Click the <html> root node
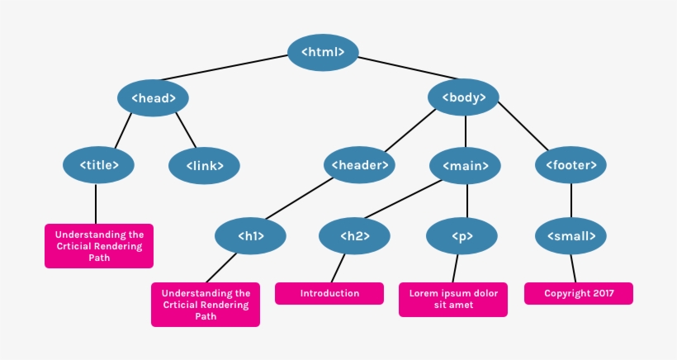coord(323,52)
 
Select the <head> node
coord(153,98)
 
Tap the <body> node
coord(463,97)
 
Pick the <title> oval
coord(98,165)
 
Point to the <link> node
coord(204,166)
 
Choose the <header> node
coord(359,165)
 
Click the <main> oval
coord(465,166)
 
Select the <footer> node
coord(570,165)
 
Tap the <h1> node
coord(250,236)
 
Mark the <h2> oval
coord(354,236)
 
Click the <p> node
coord(462,236)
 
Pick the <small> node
coord(570,236)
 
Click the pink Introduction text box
coord(329,293)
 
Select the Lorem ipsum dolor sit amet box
coord(453,300)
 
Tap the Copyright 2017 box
coord(579,293)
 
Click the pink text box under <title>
coord(99,246)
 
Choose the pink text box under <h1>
coord(206,305)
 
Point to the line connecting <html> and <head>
coord(225,68)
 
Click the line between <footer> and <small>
coord(571,201)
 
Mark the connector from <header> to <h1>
coord(299,198)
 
